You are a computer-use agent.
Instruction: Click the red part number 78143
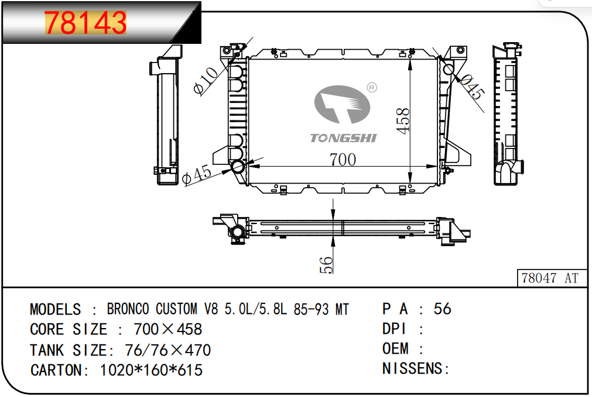[85, 23]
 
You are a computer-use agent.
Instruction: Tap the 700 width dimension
[343, 160]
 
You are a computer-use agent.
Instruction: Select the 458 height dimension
[403, 120]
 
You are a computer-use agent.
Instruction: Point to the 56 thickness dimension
[326, 265]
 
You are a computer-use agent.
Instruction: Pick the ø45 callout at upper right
[471, 88]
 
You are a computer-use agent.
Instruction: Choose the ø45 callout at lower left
[196, 175]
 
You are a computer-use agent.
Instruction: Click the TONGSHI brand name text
[343, 138]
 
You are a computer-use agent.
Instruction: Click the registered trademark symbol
[372, 88]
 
